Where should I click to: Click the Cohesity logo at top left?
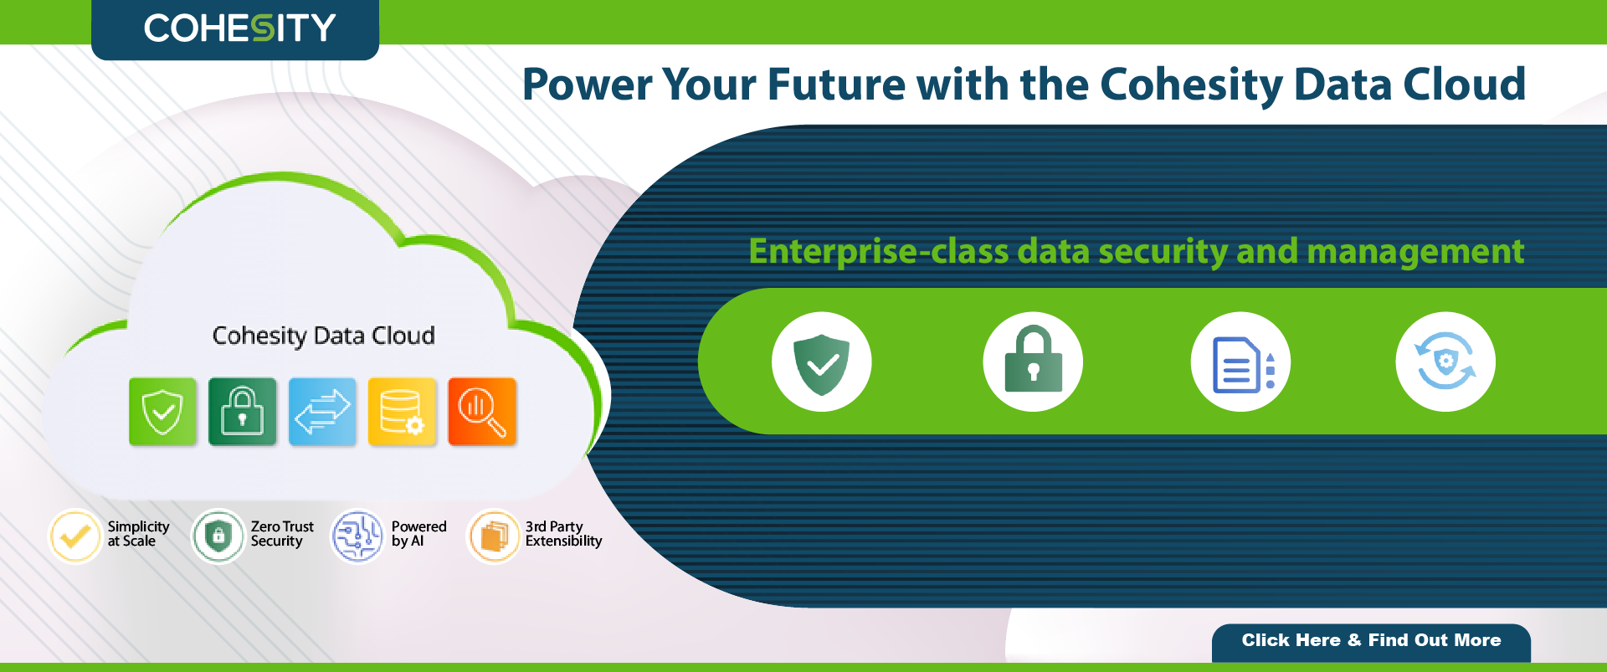tap(239, 28)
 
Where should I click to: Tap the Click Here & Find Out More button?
tap(1371, 642)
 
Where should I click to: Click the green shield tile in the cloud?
tap(162, 411)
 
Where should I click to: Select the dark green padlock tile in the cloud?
tap(242, 411)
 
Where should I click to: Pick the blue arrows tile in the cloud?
tap(322, 411)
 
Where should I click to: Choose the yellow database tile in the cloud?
tap(402, 411)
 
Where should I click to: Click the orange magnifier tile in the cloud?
tap(482, 411)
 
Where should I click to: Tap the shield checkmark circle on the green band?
tap(821, 362)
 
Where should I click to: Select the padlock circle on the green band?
tap(1033, 362)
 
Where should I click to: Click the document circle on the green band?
tap(1240, 362)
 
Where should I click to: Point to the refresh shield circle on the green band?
tap(1445, 362)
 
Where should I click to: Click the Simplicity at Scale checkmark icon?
tap(75, 536)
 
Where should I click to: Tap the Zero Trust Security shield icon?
tap(218, 536)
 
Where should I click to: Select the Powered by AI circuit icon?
tap(357, 536)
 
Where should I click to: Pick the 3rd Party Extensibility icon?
tap(494, 536)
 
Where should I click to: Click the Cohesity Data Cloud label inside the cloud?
tap(324, 336)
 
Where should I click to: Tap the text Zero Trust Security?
tap(282, 534)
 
